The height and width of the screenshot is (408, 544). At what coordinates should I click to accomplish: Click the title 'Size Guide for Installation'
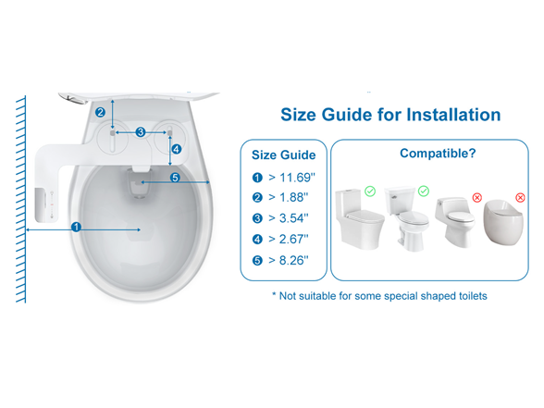389,116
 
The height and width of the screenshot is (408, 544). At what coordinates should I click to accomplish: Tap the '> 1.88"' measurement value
286,198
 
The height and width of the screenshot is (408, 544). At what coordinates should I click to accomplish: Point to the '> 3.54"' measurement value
286,218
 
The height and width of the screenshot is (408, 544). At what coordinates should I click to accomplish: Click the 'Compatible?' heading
438,154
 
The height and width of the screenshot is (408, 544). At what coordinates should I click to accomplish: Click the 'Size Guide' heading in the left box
284,155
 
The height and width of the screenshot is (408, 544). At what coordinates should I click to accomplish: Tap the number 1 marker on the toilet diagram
77,226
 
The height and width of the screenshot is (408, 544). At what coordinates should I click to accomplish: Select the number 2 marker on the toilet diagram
100,113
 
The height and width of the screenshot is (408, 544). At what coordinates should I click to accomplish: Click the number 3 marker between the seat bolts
141,132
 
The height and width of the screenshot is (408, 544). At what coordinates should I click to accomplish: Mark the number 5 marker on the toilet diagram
174,178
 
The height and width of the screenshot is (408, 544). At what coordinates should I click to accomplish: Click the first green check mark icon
370,192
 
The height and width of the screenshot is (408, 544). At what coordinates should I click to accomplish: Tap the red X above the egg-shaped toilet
520,197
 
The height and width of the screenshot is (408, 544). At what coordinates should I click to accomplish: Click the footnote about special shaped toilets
378,295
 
